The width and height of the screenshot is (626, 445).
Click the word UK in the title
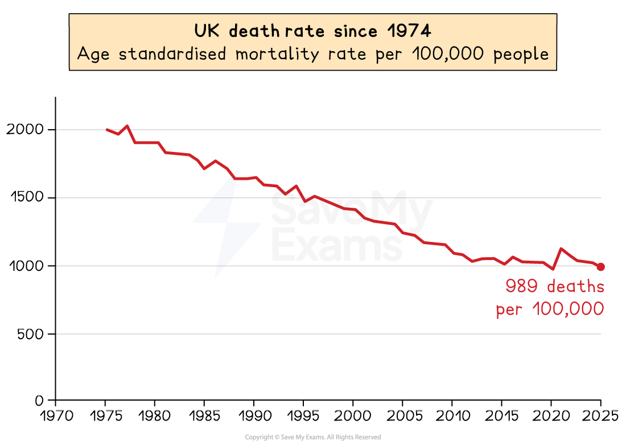coord(207,31)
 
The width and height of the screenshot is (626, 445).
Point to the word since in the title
coord(356,31)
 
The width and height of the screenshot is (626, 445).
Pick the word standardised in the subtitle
coord(167,54)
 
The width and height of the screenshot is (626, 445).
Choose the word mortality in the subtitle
coord(277,55)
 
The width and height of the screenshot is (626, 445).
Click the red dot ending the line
coord(600,266)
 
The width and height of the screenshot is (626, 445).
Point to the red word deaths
coord(576,286)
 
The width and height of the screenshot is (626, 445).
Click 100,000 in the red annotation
coord(568,310)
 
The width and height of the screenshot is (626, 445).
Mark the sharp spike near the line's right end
coord(562,248)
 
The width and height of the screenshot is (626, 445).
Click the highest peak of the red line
coord(127,125)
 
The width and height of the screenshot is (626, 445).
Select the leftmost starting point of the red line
coord(107,130)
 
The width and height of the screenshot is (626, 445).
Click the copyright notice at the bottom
coord(312,437)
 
